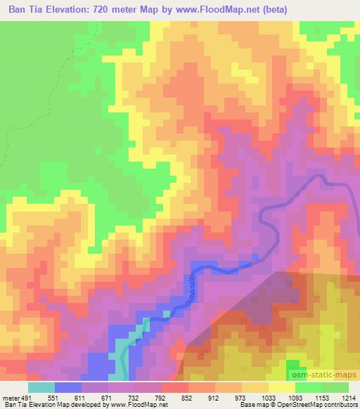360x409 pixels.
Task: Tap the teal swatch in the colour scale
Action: tap(41, 387)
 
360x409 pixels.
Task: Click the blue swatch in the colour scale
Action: tap(68, 387)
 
